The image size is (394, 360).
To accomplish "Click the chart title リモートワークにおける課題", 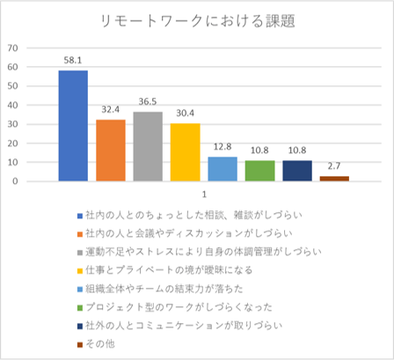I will [x=197, y=20].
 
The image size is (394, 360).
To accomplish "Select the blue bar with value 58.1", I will [x=72, y=126].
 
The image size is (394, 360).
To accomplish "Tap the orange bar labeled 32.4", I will [x=110, y=151].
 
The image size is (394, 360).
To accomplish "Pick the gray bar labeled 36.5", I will [x=147, y=146].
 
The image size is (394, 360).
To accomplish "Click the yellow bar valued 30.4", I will [x=185, y=152].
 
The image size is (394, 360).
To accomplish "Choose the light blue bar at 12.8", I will [x=222, y=169].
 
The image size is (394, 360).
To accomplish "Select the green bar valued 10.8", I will [x=259, y=171].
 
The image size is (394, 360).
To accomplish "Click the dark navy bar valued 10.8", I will [x=296, y=171].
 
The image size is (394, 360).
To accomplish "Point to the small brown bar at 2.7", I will [x=334, y=179].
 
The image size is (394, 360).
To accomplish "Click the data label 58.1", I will [x=72, y=61].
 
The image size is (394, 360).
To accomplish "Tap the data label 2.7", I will [x=334, y=166].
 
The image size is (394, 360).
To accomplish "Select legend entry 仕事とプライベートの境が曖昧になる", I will [x=185, y=269].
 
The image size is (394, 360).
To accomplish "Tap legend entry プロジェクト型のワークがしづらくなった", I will [x=188, y=306].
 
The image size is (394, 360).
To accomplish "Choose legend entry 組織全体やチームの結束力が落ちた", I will [x=177, y=288].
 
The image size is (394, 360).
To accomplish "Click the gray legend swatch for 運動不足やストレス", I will [x=79, y=251].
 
